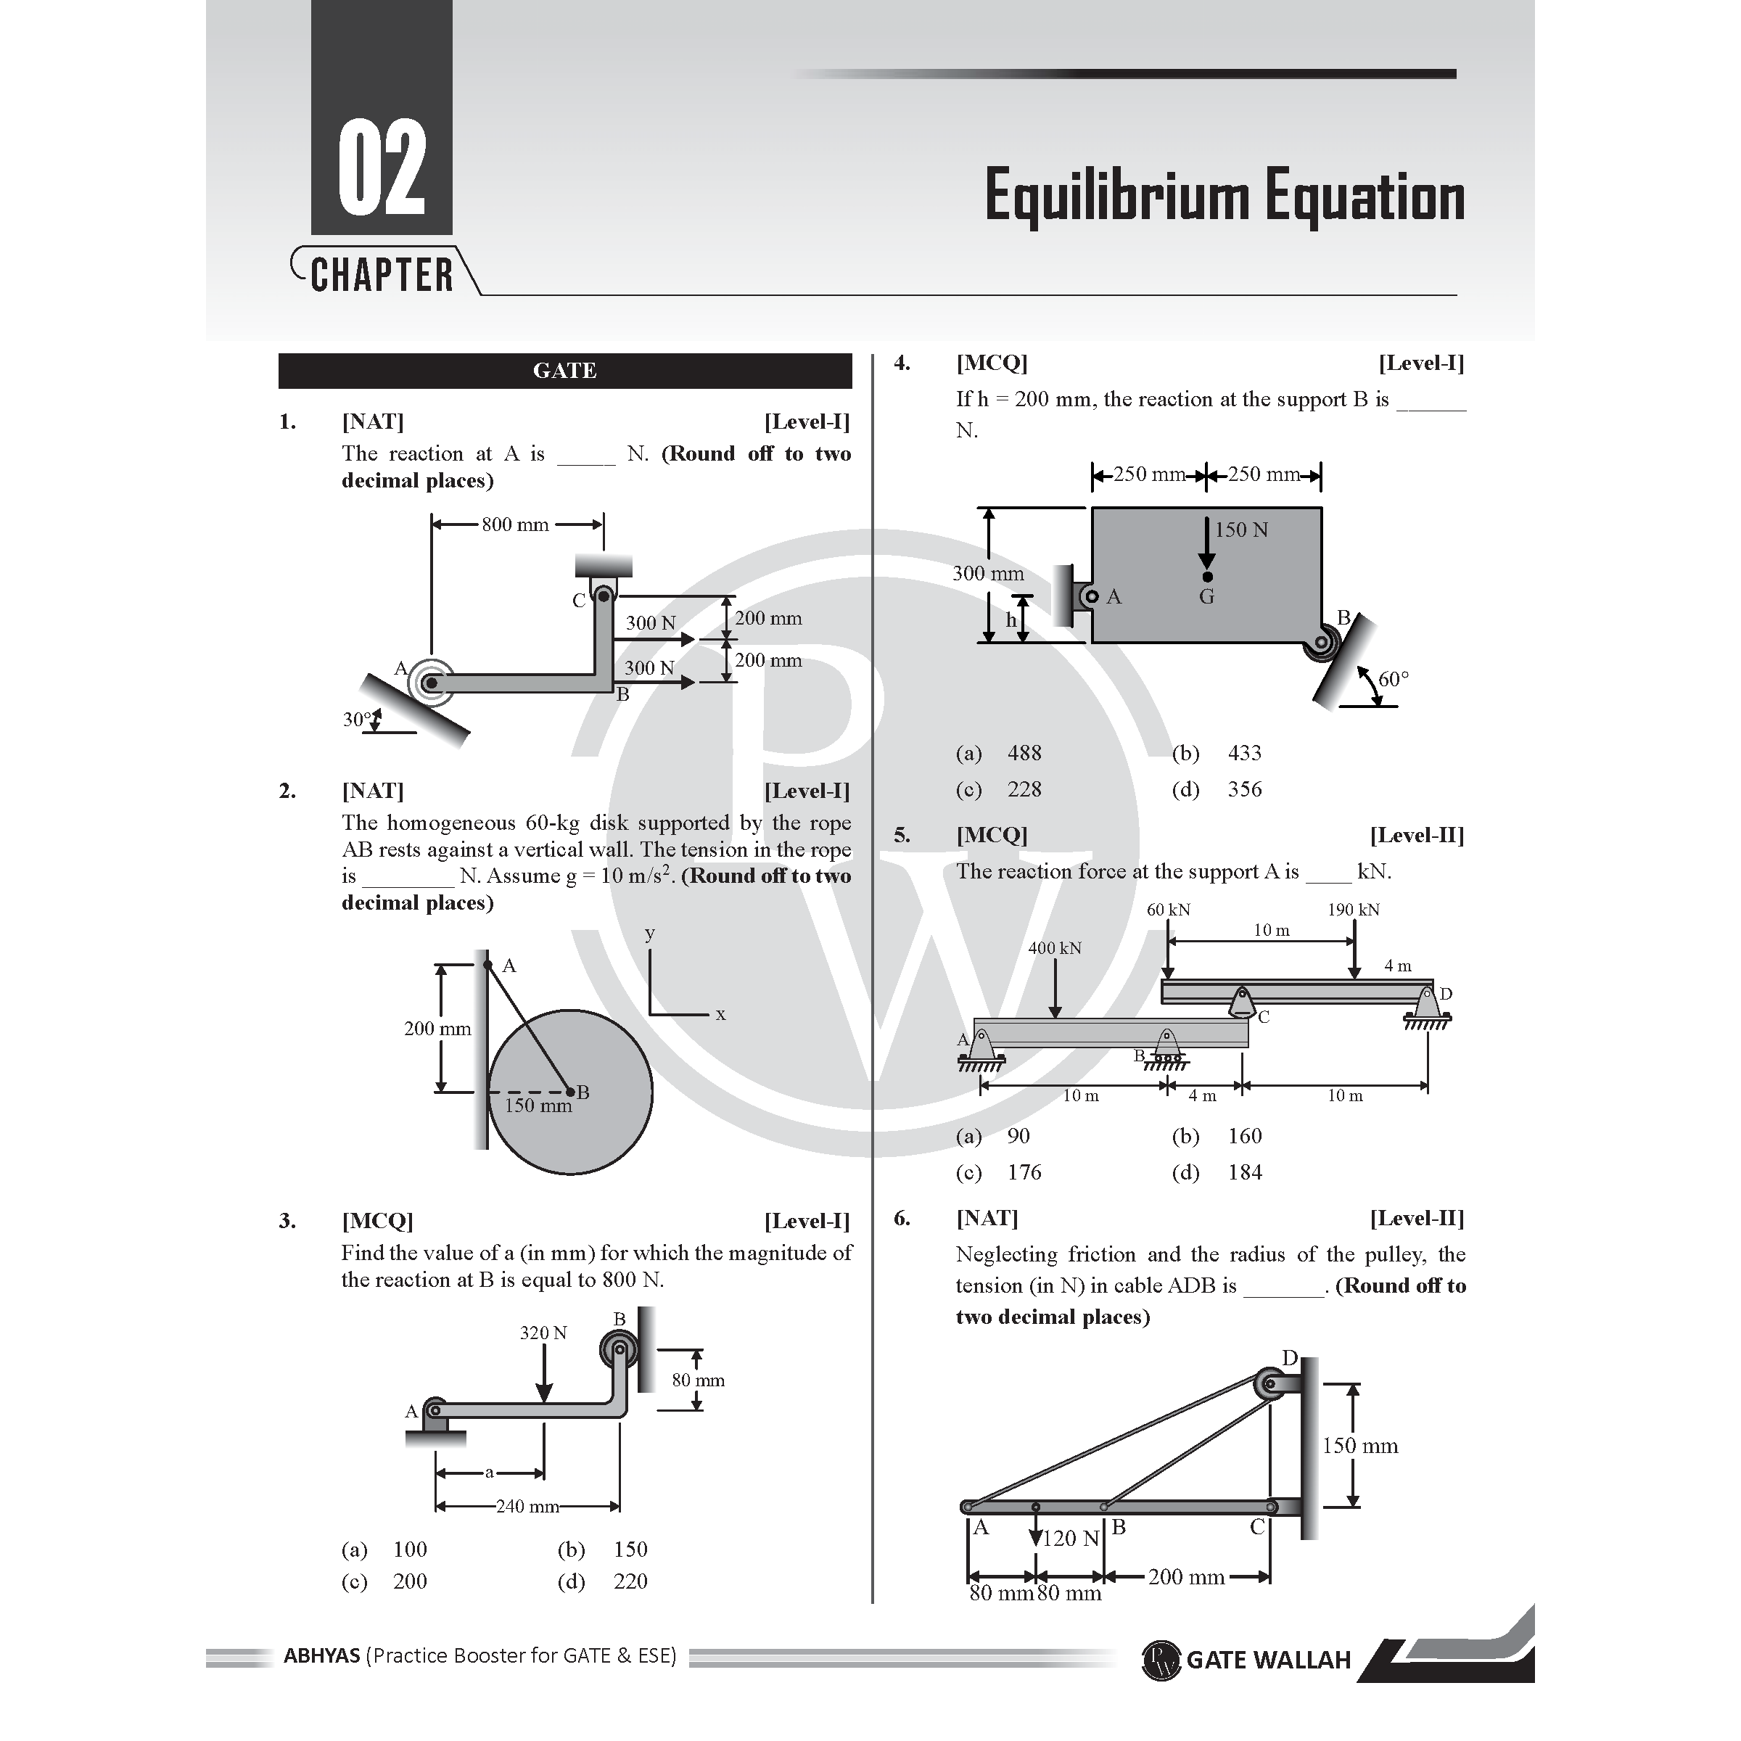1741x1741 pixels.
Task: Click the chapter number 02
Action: click(x=382, y=168)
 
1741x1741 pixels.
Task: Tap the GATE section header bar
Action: click(x=565, y=371)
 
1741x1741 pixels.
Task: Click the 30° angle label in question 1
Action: click(x=357, y=719)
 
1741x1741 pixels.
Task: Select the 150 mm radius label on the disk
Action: click(x=538, y=1106)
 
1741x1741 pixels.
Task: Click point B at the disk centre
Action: click(x=569, y=1092)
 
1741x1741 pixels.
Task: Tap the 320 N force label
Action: click(x=543, y=1333)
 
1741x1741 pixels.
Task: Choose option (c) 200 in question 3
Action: click(x=384, y=1581)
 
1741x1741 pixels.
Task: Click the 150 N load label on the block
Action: click(x=1242, y=530)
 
